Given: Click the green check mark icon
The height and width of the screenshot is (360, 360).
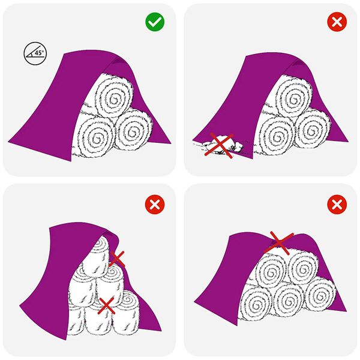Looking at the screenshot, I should click(155, 23).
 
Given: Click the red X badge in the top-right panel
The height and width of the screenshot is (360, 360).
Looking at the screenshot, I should click(337, 23).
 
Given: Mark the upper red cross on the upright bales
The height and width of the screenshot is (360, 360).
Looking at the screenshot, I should click(116, 259).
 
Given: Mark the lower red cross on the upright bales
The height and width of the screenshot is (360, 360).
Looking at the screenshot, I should click(107, 305).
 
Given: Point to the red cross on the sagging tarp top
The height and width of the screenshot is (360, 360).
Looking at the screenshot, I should click(278, 241).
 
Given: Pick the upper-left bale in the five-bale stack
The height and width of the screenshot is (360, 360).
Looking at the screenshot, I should click(270, 271).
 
